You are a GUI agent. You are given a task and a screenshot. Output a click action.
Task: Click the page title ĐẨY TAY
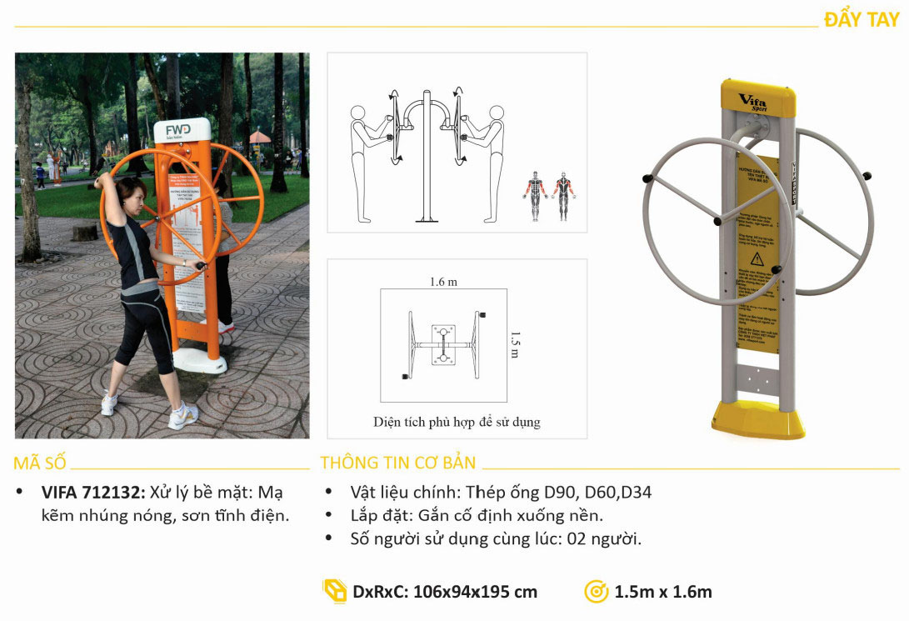point(861,19)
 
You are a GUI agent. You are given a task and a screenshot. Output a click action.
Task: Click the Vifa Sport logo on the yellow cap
point(753,103)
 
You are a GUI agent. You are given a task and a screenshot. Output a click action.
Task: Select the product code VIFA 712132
point(93,493)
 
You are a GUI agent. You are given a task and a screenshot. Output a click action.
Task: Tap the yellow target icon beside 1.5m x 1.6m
point(596,592)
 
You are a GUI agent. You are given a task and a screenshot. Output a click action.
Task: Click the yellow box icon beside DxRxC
point(334,591)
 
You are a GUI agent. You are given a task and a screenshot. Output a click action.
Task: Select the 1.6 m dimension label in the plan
point(443,282)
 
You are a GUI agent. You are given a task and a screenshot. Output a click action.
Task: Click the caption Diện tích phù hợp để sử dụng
point(457,422)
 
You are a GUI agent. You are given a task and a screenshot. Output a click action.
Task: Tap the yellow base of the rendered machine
point(758,421)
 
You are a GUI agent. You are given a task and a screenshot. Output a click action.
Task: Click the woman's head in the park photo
point(132,193)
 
